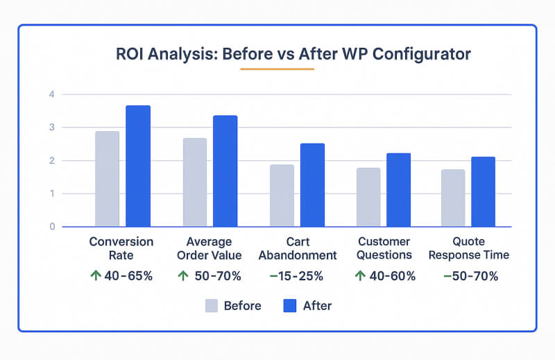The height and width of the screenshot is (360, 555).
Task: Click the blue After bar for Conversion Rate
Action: pyautogui.click(x=138, y=166)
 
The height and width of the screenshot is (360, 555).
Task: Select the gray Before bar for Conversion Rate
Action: pyautogui.click(x=108, y=179)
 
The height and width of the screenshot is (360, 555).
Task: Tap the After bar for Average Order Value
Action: pyautogui.click(x=225, y=171)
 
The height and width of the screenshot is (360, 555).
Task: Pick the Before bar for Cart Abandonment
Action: pyautogui.click(x=282, y=196)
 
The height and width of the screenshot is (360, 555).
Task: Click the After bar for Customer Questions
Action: pyautogui.click(x=399, y=190)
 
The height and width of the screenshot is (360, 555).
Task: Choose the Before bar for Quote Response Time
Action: pyautogui.click(x=453, y=198)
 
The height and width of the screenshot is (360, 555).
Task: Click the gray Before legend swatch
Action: pyautogui.click(x=211, y=306)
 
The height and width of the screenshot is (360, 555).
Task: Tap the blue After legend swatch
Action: pyautogui.click(x=290, y=306)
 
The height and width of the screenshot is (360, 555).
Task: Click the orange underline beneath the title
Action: pyautogui.click(x=277, y=69)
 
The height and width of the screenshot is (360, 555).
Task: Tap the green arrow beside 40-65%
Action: pyautogui.click(x=96, y=275)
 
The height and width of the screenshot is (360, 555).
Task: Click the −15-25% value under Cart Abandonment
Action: pyautogui.click(x=296, y=276)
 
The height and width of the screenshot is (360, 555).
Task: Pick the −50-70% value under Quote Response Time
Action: pyautogui.click(x=470, y=276)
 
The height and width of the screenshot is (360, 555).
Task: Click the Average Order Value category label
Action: pyautogui.click(x=209, y=248)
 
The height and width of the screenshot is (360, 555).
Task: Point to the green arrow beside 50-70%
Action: pyautogui.click(x=183, y=275)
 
